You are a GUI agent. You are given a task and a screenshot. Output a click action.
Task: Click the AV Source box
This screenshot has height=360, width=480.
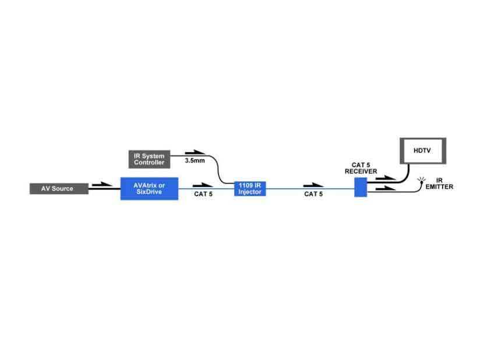(59, 189)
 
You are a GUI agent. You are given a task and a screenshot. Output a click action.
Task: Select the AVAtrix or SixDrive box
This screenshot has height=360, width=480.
(149, 189)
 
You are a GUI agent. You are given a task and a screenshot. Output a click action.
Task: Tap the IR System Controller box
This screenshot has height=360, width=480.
(149, 159)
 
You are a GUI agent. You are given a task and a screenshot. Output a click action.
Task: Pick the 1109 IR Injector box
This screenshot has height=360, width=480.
(250, 189)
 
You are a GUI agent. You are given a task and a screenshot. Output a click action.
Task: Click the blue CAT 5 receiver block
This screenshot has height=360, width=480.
(361, 187)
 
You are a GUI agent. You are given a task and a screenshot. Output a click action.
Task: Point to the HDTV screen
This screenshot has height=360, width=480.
(423, 151)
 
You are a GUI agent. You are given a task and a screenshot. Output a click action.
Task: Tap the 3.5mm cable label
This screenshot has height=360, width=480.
(195, 160)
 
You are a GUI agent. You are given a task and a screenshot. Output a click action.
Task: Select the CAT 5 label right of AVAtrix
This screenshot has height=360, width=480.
(203, 194)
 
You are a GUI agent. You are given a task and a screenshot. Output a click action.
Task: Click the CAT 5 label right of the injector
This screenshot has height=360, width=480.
(313, 194)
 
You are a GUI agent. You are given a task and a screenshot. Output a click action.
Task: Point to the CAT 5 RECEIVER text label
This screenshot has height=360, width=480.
(361, 168)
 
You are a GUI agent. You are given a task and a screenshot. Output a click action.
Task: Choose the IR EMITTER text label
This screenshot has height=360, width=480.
(439, 183)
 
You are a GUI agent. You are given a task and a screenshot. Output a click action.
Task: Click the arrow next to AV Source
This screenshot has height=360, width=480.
(102, 184)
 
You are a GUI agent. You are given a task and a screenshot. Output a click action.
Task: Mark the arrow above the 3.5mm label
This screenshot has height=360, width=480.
(195, 152)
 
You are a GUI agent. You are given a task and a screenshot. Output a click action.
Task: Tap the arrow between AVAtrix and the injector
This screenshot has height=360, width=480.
(203, 185)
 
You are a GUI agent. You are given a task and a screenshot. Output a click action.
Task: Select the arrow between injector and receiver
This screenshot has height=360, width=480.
(313, 185)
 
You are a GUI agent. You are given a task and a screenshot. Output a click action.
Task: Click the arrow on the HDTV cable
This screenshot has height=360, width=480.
(386, 178)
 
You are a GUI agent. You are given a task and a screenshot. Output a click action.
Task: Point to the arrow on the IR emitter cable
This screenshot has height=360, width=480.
(386, 188)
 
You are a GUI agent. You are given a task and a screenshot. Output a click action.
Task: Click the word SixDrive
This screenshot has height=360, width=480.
(149, 192)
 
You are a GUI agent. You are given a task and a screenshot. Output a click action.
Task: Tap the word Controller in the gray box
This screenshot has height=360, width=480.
(149, 163)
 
